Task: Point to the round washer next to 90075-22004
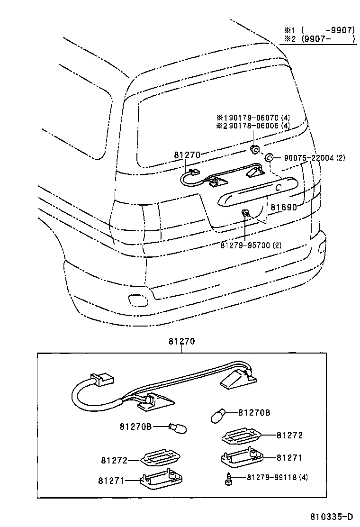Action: click(x=268, y=158)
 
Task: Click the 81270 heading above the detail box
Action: click(x=181, y=341)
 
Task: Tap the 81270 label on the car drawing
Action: click(x=187, y=155)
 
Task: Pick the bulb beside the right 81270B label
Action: click(x=219, y=416)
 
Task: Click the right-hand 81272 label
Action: click(x=289, y=435)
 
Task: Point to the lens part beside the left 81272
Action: click(x=162, y=458)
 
